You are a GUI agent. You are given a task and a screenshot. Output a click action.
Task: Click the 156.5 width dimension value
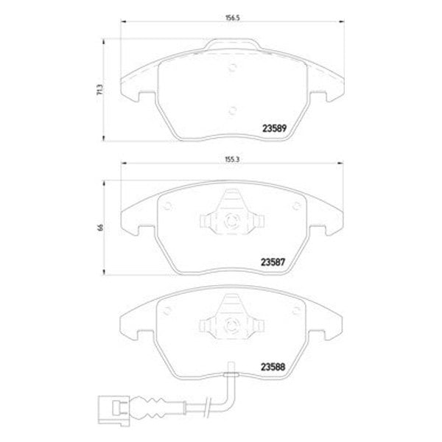(232, 18)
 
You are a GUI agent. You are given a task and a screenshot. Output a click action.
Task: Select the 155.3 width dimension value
(232, 159)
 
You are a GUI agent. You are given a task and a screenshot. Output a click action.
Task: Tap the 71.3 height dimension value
(100, 89)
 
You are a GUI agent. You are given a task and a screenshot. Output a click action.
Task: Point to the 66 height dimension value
(101, 228)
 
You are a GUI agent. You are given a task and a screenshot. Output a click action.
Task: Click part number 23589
(274, 128)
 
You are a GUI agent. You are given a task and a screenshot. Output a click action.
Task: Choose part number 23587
(273, 262)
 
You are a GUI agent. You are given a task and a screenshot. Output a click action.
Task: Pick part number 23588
(273, 367)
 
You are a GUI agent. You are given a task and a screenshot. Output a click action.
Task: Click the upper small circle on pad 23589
(232, 67)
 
